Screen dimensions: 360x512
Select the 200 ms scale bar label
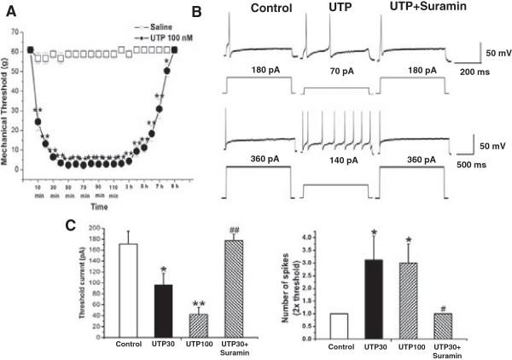point(468,74)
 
